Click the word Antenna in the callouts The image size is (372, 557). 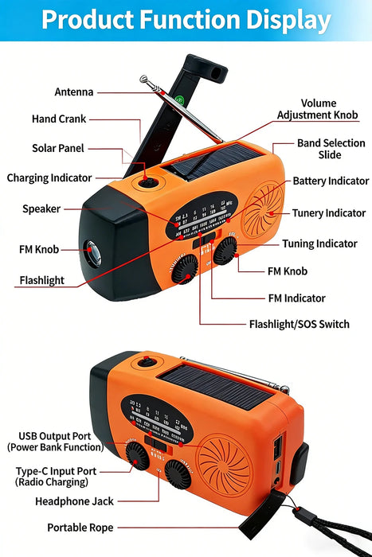pos(74,92)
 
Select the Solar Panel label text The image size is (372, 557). pos(58,149)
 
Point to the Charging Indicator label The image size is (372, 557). pos(49,178)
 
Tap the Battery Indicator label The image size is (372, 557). pos(331,181)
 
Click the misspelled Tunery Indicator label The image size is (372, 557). pos(329,213)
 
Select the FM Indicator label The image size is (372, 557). pos(296,298)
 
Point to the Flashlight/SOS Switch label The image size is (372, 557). pos(300,325)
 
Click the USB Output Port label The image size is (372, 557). pos(61,442)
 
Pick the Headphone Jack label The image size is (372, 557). pos(75,502)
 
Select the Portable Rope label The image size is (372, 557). pos(79,528)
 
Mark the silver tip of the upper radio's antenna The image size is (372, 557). pos(144,79)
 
